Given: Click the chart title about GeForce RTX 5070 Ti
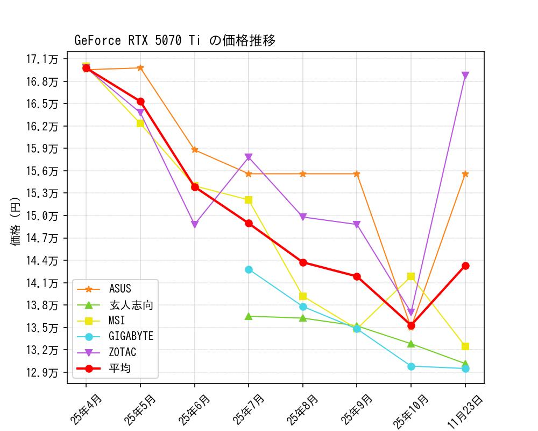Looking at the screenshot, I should pos(175,40).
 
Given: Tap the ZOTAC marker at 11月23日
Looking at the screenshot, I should pos(465,75).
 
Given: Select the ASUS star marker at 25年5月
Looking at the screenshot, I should pos(140,68).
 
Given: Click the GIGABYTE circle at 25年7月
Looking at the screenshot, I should pos(249,269).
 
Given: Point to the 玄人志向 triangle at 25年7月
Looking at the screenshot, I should pos(249,316).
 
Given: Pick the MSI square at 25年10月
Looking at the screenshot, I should pos(411,276).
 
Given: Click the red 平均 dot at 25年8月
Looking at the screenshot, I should pos(303,262).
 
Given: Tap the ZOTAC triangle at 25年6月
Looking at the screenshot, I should pos(195,225).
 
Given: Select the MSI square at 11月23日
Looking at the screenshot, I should pos(465,346).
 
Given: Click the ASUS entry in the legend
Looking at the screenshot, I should pos(120,289).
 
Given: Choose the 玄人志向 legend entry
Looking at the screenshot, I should pos(131,305).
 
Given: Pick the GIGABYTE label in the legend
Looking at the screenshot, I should pos(131,337).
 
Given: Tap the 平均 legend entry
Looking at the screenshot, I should pos(120,369).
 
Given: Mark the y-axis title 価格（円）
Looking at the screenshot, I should pos(16,221).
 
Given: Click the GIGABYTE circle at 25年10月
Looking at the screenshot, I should pos(411,366).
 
